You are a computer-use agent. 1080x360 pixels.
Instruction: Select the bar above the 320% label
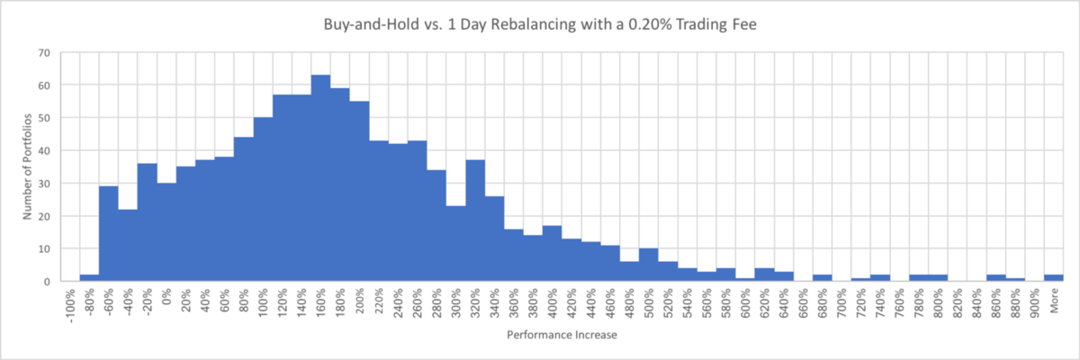tap(476, 220)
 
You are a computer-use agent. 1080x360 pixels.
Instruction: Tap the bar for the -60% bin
tap(108, 234)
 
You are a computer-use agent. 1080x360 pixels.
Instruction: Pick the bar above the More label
tap(1054, 278)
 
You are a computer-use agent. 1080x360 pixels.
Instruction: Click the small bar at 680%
tap(823, 278)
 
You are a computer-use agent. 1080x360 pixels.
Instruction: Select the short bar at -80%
tap(89, 278)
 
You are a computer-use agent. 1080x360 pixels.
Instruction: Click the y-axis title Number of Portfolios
tap(28, 167)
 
